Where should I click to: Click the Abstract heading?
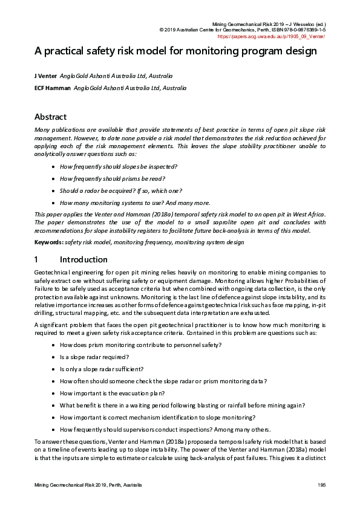click(50, 117)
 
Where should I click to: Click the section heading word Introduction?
click(83, 260)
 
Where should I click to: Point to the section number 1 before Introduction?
click(36, 260)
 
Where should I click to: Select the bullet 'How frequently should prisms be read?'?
click(113, 179)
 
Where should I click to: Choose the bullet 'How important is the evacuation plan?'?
click(112, 393)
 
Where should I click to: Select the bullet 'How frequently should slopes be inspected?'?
click(119, 166)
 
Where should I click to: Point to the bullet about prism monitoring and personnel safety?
click(140, 345)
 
